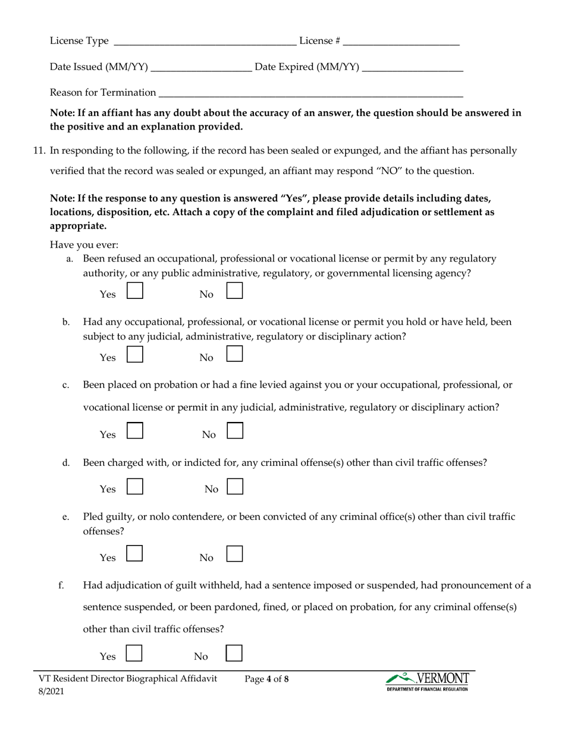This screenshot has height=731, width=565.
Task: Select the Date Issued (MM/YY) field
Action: [202, 67]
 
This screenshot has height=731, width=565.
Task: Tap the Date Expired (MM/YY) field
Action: [412, 67]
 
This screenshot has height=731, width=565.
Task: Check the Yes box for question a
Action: [136, 291]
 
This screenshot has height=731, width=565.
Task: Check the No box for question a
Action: [235, 291]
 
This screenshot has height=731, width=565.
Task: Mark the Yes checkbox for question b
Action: [136, 354]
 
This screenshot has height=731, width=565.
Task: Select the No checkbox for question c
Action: [235, 431]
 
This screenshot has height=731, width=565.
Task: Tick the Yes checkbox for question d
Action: [136, 487]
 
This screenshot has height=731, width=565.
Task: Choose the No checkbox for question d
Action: [235, 487]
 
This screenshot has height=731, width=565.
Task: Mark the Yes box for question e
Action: [136, 554]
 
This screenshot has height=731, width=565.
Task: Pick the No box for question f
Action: [235, 653]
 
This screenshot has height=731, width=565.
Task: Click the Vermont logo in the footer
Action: [427, 681]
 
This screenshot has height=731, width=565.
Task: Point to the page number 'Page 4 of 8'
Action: [266, 679]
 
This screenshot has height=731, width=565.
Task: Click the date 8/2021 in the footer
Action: [51, 691]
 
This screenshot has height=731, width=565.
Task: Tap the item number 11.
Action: [39, 151]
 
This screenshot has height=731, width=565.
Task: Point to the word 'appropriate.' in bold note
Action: [79, 226]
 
